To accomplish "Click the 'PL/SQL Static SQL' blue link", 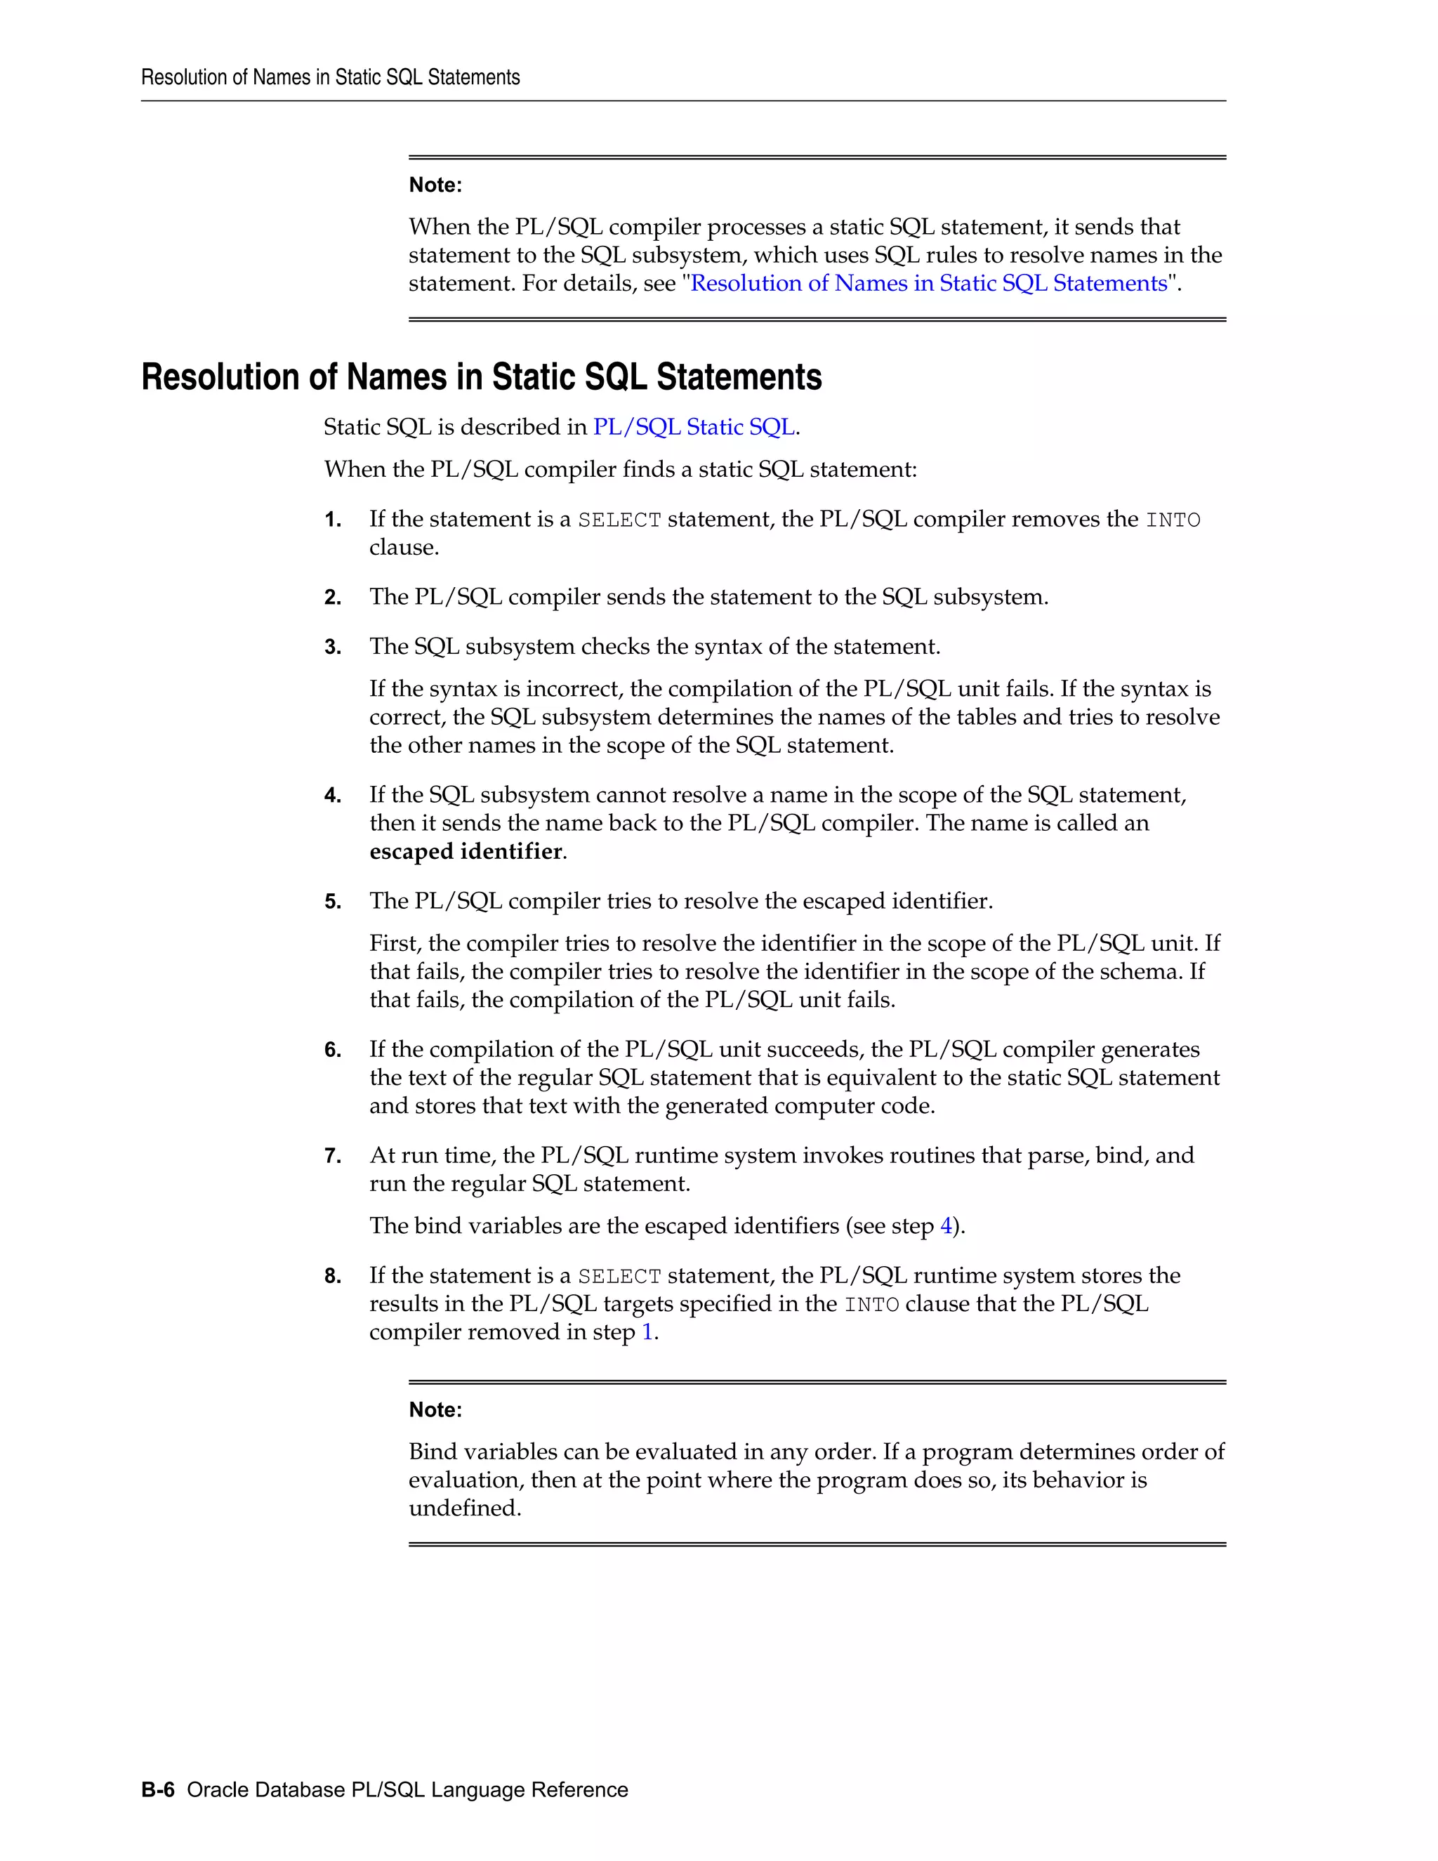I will coord(694,427).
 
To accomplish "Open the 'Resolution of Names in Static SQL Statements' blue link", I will coord(928,283).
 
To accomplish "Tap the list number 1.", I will coord(332,520).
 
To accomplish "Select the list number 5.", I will coord(332,902).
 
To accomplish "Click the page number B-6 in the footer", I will coord(157,1789).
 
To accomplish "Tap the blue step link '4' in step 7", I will coord(946,1225).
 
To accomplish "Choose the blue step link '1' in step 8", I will coord(647,1331).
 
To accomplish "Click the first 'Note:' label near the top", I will coord(435,185).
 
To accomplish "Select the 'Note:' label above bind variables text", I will coord(435,1409).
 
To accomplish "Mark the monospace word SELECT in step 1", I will coord(619,520).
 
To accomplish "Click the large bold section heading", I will coord(481,376).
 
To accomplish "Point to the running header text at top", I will coord(331,77).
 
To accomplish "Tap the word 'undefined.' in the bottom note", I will coord(465,1508).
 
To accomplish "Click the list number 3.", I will coord(332,647).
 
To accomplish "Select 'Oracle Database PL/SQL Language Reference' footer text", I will coord(407,1789).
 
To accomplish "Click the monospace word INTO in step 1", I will coord(1173,520).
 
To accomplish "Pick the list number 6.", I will coord(332,1050).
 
